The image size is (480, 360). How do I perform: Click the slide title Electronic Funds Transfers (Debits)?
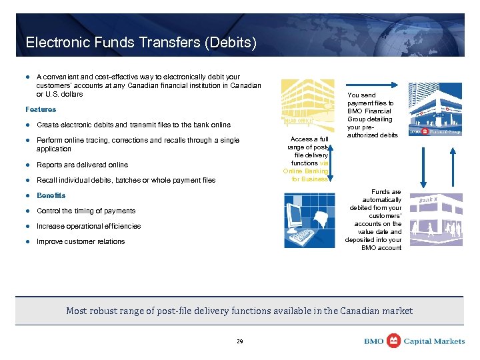click(141, 43)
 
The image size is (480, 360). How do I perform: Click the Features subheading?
click(41, 109)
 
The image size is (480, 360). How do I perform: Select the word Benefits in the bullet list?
click(51, 195)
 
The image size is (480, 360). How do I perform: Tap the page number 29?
click(240, 341)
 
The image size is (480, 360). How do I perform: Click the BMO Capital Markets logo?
click(414, 341)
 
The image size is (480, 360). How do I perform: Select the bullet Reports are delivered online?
click(82, 165)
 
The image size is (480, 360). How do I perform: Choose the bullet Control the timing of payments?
click(86, 211)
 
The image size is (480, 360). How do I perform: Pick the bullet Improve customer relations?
click(81, 241)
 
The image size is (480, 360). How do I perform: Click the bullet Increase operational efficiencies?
click(89, 226)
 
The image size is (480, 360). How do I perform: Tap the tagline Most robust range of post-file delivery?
click(239, 311)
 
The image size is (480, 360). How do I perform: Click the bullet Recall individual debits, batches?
click(126, 180)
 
